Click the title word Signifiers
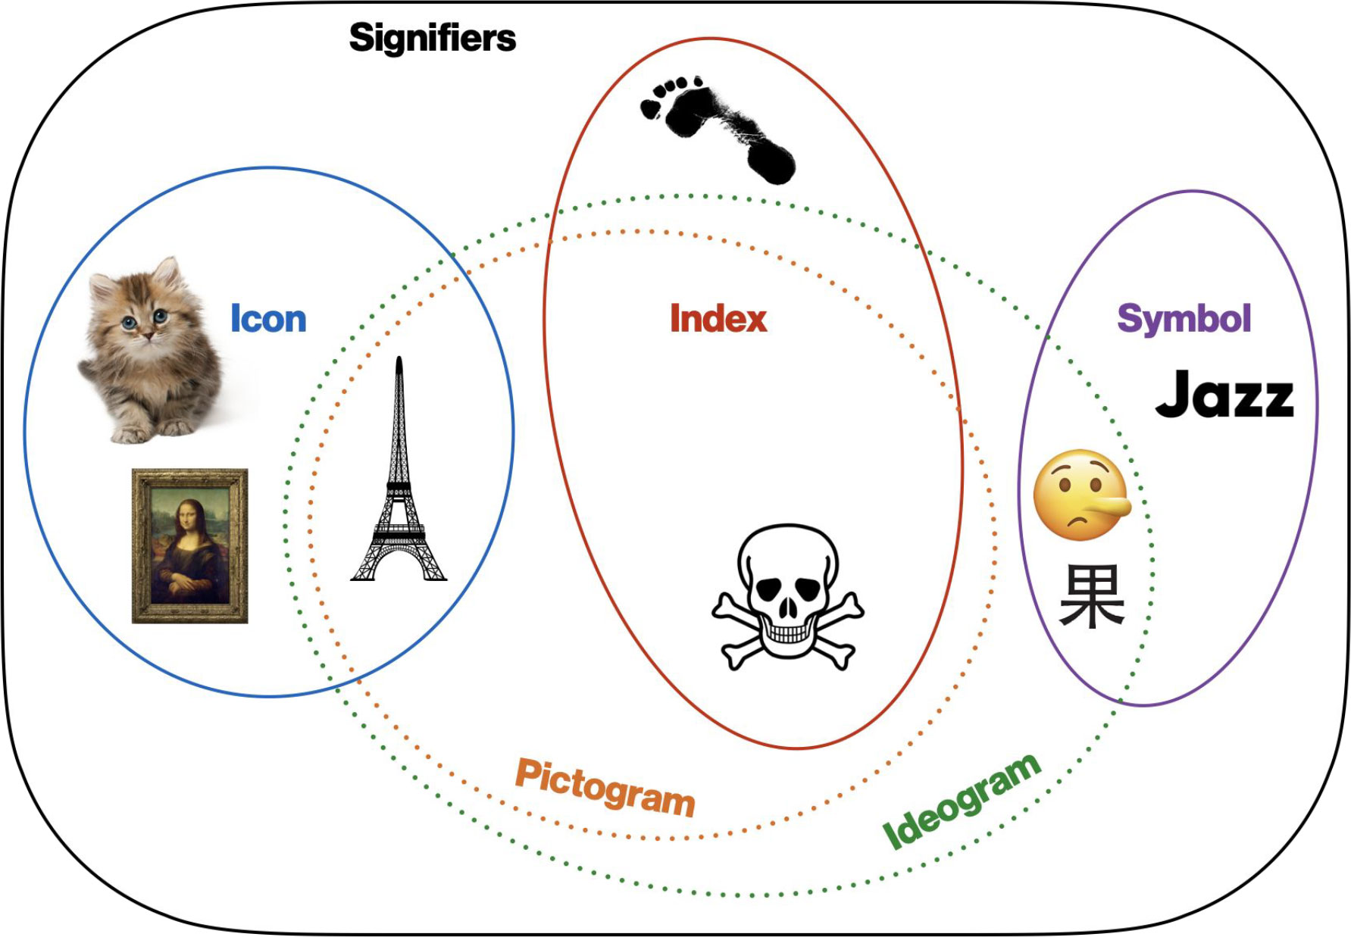point(432,38)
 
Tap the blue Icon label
point(268,319)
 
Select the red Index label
point(718,319)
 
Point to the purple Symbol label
point(1184,319)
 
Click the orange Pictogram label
point(605,788)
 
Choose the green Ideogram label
point(962,801)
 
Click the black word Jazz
point(1224,395)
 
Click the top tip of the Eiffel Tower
point(399,359)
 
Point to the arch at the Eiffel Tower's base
point(399,564)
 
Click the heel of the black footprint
point(773,163)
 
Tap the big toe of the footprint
point(650,108)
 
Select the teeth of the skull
point(787,633)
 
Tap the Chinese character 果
point(1091,596)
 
